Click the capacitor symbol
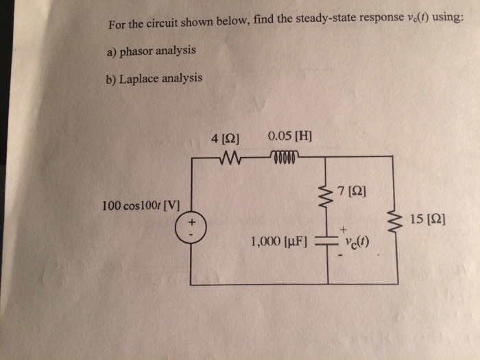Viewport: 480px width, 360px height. click(x=327, y=243)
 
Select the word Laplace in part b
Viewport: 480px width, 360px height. click(x=141, y=78)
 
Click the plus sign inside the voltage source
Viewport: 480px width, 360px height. click(x=193, y=221)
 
